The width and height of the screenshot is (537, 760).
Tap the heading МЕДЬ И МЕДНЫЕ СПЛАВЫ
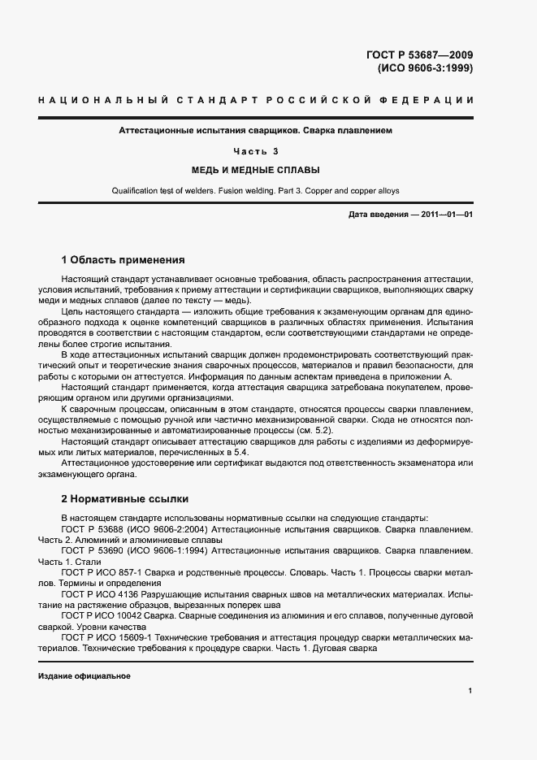[256, 171]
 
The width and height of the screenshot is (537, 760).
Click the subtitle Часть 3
[256, 150]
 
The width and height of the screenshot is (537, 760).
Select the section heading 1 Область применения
[123, 261]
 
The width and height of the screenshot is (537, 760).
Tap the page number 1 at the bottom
[470, 691]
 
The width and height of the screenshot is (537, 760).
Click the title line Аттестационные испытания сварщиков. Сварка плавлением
[256, 130]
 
